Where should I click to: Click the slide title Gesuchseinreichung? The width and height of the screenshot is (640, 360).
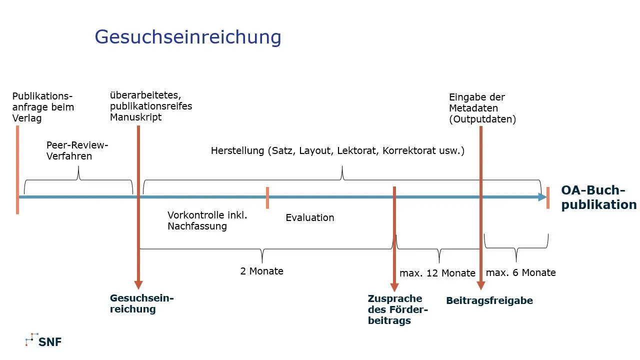pyautogui.click(x=188, y=37)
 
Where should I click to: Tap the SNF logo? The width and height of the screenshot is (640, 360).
pyautogui.click(x=43, y=341)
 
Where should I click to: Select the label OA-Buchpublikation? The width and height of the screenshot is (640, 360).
pyautogui.click(x=598, y=197)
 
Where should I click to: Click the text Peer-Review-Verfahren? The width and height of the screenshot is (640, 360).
pyautogui.click(x=77, y=150)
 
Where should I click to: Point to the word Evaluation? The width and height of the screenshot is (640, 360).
pyautogui.click(x=309, y=217)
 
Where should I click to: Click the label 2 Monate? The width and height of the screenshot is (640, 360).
pyautogui.click(x=261, y=271)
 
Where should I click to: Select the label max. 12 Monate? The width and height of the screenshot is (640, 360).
pyautogui.click(x=437, y=273)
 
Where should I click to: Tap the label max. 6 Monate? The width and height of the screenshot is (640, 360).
pyautogui.click(x=520, y=272)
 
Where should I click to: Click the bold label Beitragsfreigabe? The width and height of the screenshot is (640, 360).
pyautogui.click(x=489, y=300)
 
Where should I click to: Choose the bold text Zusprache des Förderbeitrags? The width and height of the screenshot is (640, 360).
pyautogui.click(x=398, y=309)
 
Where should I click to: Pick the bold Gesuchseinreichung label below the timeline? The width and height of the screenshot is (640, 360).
pyautogui.click(x=141, y=303)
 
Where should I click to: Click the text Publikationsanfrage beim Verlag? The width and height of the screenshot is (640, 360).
pyautogui.click(x=43, y=107)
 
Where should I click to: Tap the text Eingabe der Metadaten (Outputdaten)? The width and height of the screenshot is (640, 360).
pyautogui.click(x=482, y=108)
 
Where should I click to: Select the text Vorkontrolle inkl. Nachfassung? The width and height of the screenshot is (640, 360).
pyautogui.click(x=207, y=220)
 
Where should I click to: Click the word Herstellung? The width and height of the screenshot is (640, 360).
pyautogui.click(x=237, y=150)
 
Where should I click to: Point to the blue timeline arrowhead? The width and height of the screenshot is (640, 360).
pyautogui.click(x=542, y=197)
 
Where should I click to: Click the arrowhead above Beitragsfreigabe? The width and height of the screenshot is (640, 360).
pyautogui.click(x=481, y=285)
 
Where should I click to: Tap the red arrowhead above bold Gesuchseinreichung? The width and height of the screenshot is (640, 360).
pyautogui.click(x=138, y=285)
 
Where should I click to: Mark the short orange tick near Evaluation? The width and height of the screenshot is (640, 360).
pyautogui.click(x=267, y=197)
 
